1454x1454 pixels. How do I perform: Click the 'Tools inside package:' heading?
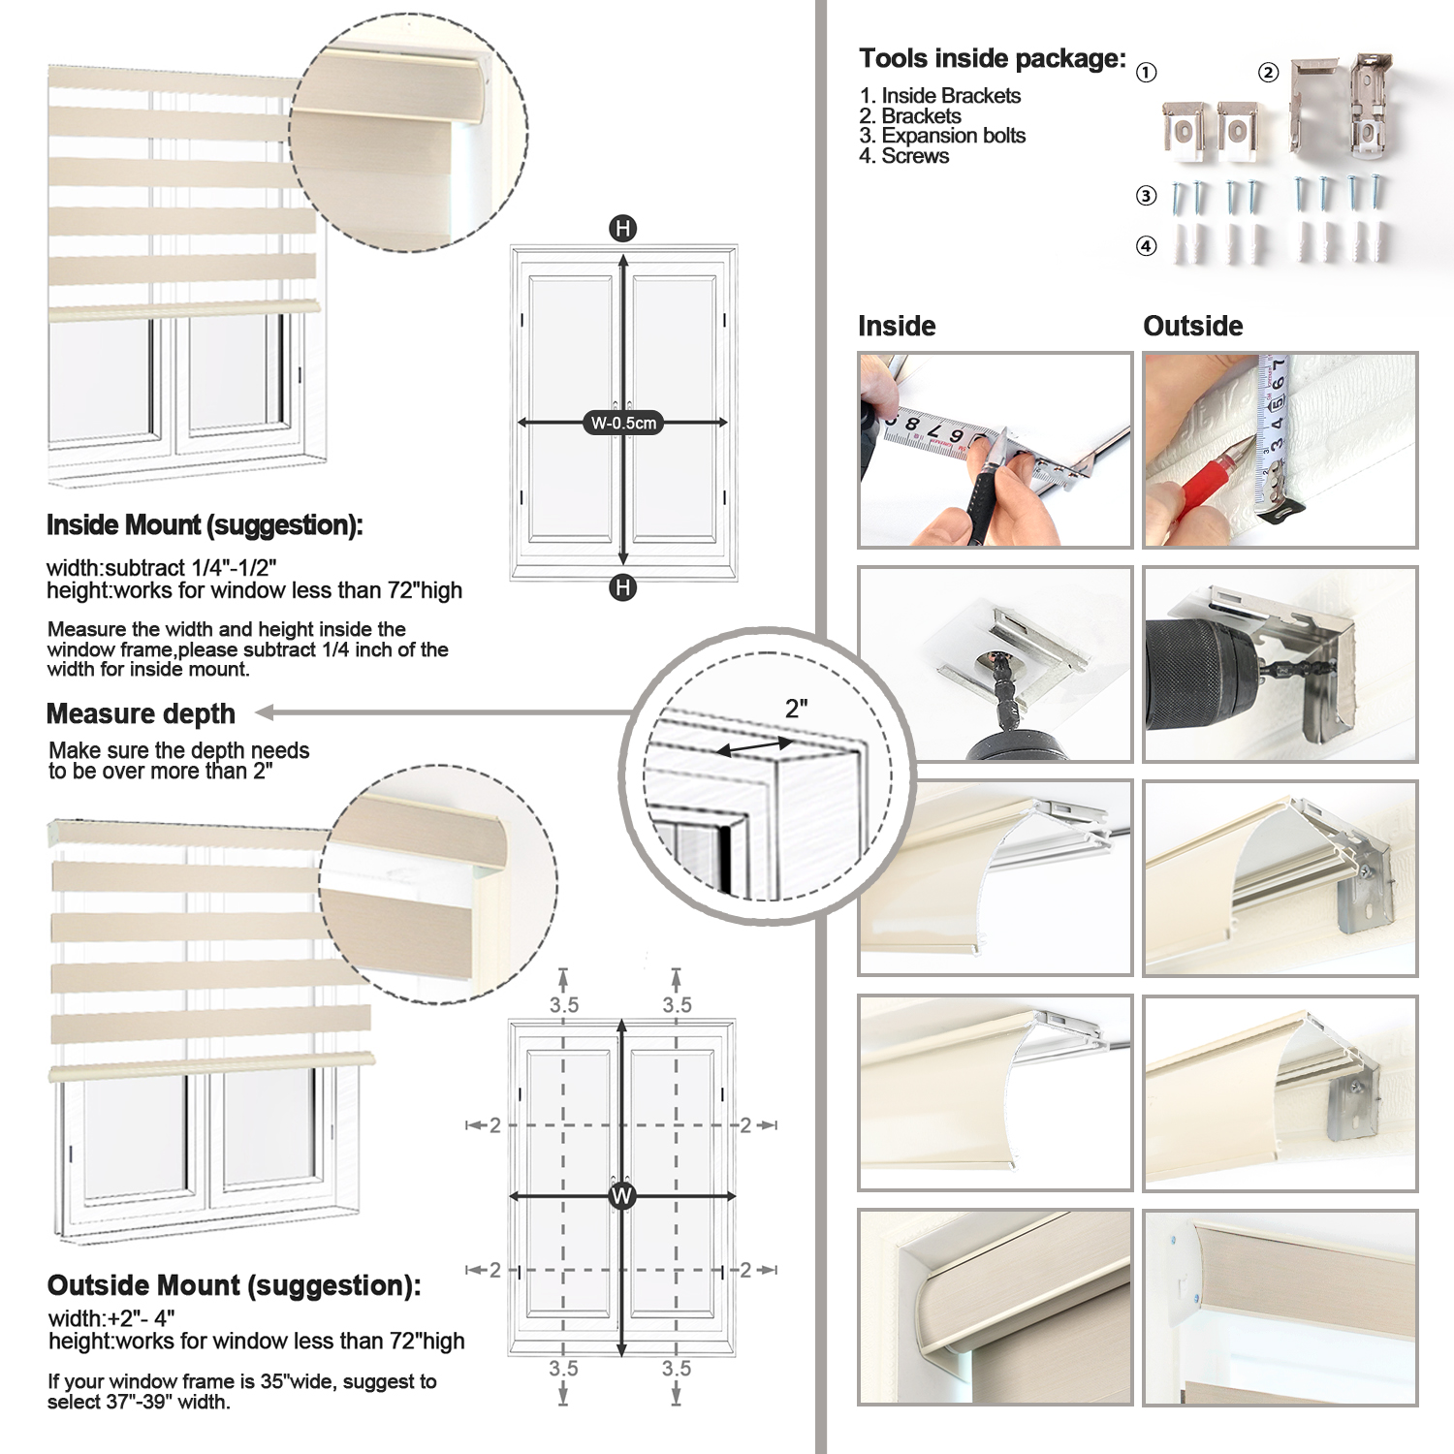(993, 59)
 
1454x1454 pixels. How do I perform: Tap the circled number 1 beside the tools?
(1147, 73)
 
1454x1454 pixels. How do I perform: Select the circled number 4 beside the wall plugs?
(1147, 246)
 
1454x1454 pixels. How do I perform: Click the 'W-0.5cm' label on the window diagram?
(623, 423)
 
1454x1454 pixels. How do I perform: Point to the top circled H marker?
(622, 229)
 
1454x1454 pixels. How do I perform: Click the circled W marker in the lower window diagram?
(621, 1196)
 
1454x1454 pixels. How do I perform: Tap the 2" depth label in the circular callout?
(797, 709)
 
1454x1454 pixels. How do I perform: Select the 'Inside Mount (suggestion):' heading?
(205, 525)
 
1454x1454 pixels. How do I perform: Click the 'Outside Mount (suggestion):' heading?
(235, 1285)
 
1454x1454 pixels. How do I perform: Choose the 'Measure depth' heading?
(141, 714)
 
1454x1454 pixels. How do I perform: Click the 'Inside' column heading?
(897, 326)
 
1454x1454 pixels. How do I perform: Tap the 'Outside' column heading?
(1192, 326)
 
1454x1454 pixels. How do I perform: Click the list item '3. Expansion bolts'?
(942, 136)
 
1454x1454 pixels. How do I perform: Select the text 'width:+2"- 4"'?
(111, 1319)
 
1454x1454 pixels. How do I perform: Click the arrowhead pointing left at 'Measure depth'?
(264, 712)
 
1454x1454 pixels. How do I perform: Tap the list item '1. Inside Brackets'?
(939, 96)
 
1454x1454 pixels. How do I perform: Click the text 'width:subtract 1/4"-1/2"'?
(162, 568)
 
